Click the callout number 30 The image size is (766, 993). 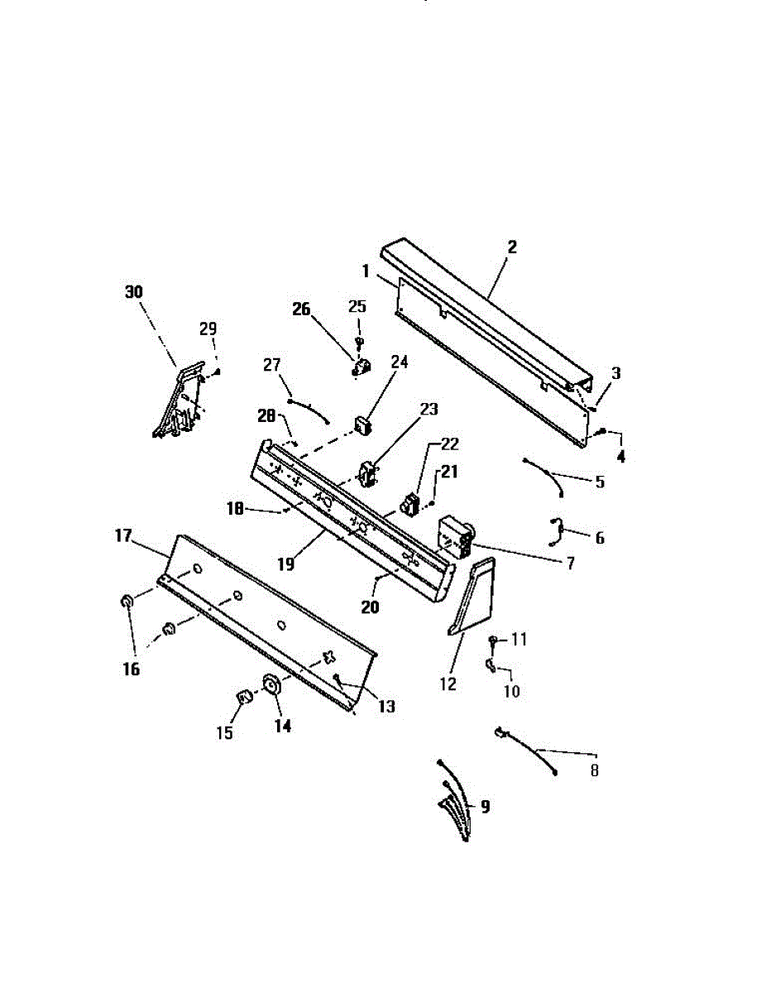coord(133,292)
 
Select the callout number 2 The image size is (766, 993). coord(512,247)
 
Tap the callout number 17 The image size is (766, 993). coord(123,535)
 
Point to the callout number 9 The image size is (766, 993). coord(485,805)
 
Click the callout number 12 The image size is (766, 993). coord(448,685)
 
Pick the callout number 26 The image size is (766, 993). coord(300,309)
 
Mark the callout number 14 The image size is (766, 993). coord(283,726)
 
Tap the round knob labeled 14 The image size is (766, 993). coord(270,685)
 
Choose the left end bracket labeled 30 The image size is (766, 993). coord(180,401)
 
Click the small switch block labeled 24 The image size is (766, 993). coord(362,426)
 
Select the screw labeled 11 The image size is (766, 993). coord(493,640)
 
